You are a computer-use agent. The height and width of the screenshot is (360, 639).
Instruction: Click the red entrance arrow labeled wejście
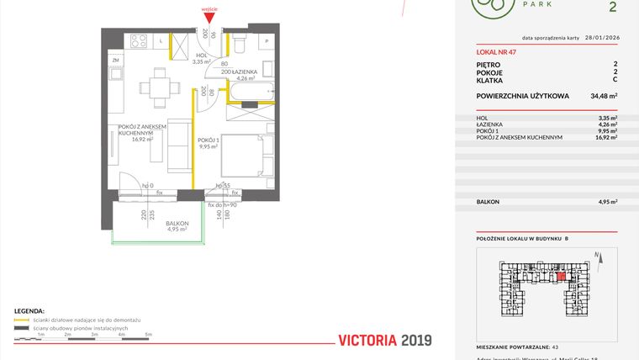pyautogui.click(x=209, y=18)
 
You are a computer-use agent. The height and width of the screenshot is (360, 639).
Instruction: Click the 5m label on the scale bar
pyautogui.click(x=149, y=335)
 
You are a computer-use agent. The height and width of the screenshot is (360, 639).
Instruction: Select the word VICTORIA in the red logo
pyautogui.click(x=367, y=340)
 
